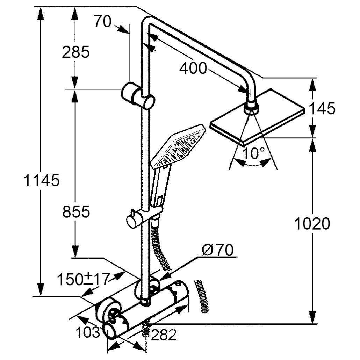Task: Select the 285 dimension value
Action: click(75, 52)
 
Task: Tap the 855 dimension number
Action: click(76, 211)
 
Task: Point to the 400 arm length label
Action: click(193, 69)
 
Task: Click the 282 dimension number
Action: click(164, 335)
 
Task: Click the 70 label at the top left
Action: click(102, 22)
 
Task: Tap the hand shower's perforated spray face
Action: click(178, 146)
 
